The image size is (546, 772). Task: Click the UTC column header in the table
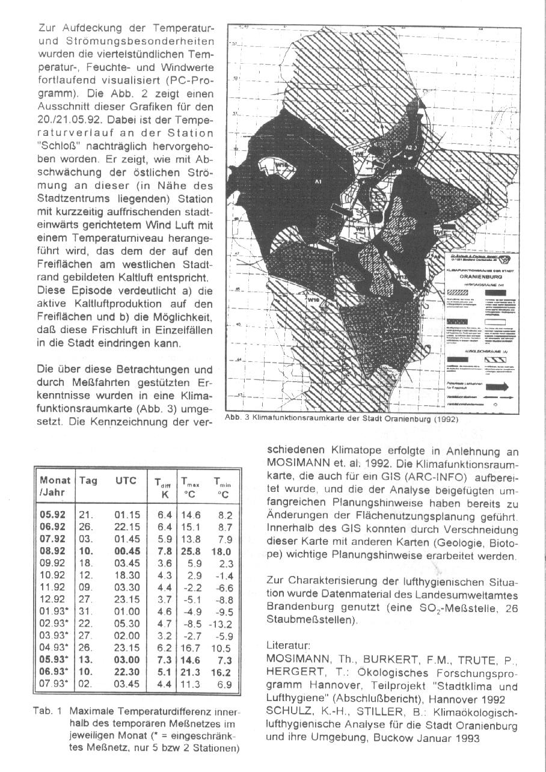coord(126,481)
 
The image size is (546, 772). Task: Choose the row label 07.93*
coord(54,683)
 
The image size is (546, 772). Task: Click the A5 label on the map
coord(458,170)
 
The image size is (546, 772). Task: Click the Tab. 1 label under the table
coord(47,710)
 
